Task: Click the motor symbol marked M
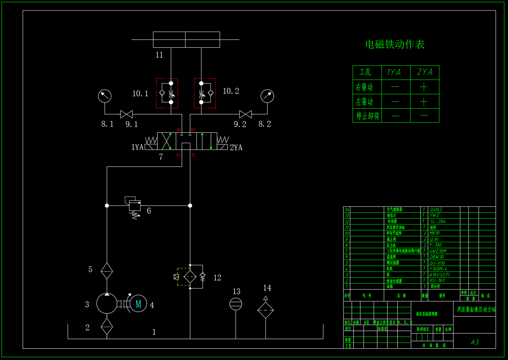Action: coord(138,304)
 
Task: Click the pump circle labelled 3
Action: coord(107,303)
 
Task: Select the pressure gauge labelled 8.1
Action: coord(105,96)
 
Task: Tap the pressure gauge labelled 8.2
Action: coord(267,96)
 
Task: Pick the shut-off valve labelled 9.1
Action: coord(126,114)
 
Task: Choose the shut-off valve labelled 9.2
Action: coord(245,114)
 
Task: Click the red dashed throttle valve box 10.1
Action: coord(167,93)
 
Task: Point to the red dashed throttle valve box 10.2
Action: coord(205,93)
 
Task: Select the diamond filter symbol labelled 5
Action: coord(107,271)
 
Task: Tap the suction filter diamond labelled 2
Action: coord(107,326)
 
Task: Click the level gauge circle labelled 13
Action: coord(236,304)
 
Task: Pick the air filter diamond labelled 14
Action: coord(265,310)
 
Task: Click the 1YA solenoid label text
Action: coord(137,147)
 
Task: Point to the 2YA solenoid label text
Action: coord(236,148)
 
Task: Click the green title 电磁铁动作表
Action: coord(395,45)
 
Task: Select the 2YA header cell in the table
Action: coord(425,72)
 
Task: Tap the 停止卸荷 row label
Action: coord(368,116)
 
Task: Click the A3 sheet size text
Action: coord(475,342)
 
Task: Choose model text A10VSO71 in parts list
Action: coord(440,275)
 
